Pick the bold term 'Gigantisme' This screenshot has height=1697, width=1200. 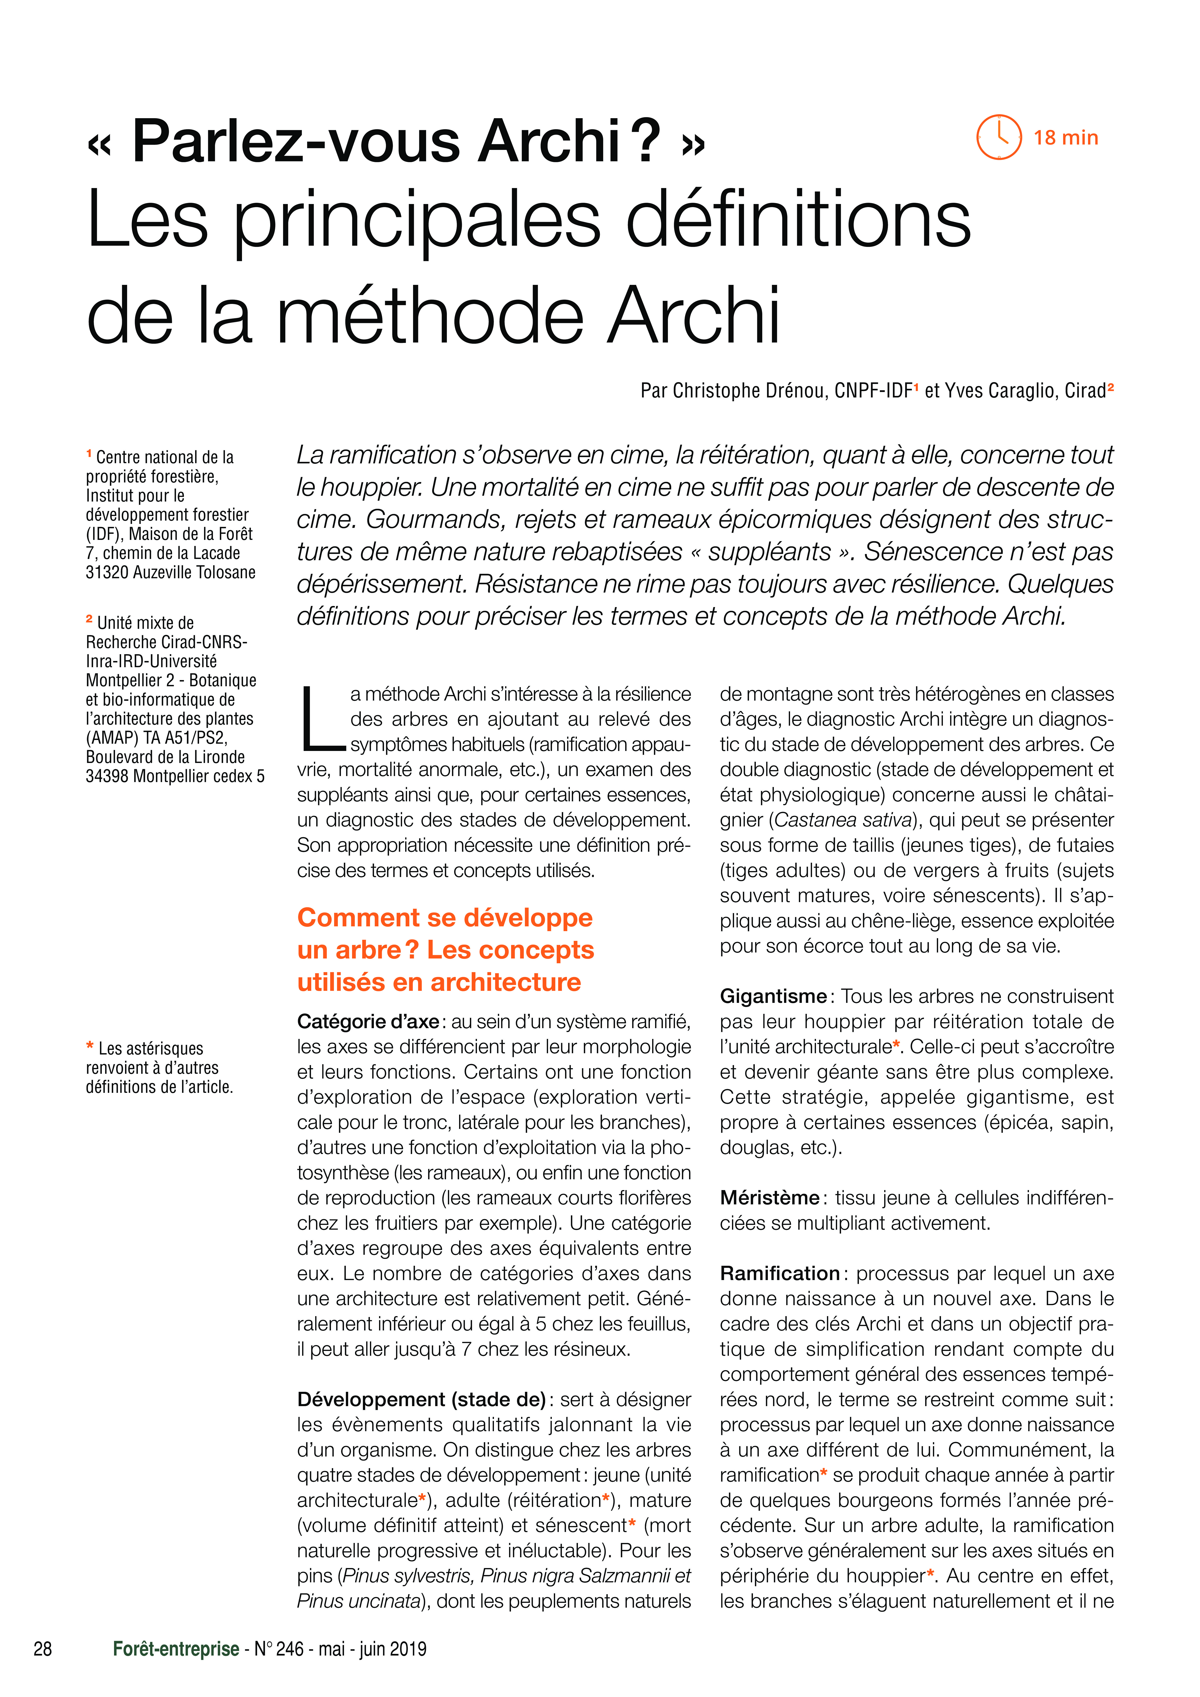pyautogui.click(x=773, y=996)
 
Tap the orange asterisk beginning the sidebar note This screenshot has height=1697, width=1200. pyautogui.click(x=90, y=1047)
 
